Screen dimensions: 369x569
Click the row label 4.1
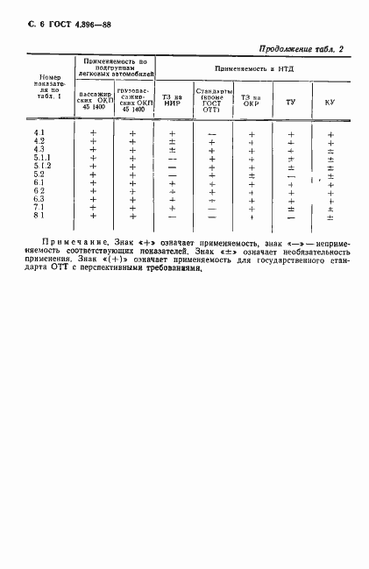click(39, 132)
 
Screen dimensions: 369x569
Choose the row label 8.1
click(39, 215)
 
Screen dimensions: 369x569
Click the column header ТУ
click(289, 103)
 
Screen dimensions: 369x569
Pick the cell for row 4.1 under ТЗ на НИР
click(172, 132)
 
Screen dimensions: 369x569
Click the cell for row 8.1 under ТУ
click(290, 216)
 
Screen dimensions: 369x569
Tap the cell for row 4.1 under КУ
click(330, 133)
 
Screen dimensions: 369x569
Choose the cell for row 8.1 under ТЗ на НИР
click(172, 216)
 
